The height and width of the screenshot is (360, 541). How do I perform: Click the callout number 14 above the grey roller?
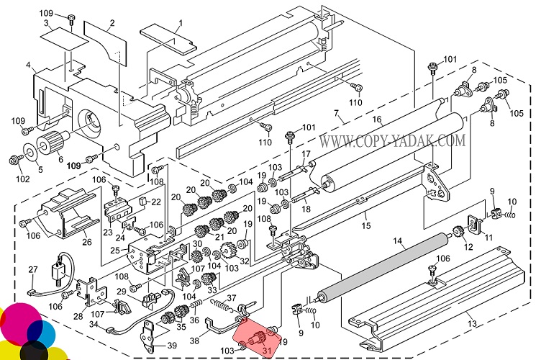tap(397, 243)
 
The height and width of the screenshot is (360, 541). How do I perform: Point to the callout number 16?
tap(377, 118)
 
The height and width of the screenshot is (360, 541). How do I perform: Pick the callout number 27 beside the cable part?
tap(33, 270)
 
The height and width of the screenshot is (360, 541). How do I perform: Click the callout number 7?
tap(337, 112)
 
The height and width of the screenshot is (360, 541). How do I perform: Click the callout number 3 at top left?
tap(46, 24)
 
